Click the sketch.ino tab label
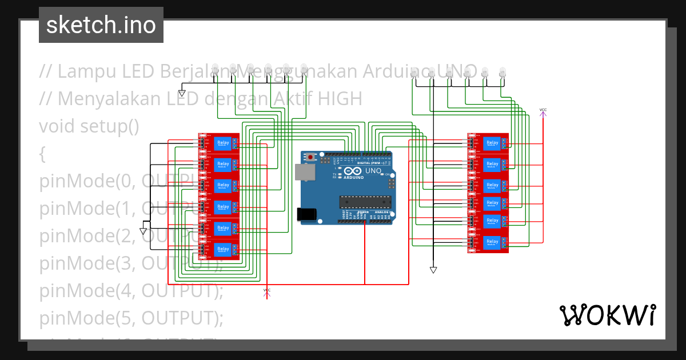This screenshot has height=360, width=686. click(101, 25)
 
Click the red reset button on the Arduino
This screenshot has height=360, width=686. click(310, 157)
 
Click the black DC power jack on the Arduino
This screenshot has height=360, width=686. click(306, 214)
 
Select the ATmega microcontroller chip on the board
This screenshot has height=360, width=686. click(366, 202)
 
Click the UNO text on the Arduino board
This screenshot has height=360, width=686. click(373, 170)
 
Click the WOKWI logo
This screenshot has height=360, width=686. click(607, 315)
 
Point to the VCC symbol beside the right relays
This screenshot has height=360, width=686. click(543, 112)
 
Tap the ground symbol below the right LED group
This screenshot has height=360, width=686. click(433, 270)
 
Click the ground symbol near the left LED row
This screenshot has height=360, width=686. click(182, 93)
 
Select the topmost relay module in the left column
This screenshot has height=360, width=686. click(220, 143)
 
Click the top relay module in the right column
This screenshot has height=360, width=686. click(488, 143)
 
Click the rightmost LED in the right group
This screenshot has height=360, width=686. click(502, 72)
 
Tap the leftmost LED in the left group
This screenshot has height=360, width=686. click(215, 68)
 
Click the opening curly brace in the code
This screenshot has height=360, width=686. click(42, 154)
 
